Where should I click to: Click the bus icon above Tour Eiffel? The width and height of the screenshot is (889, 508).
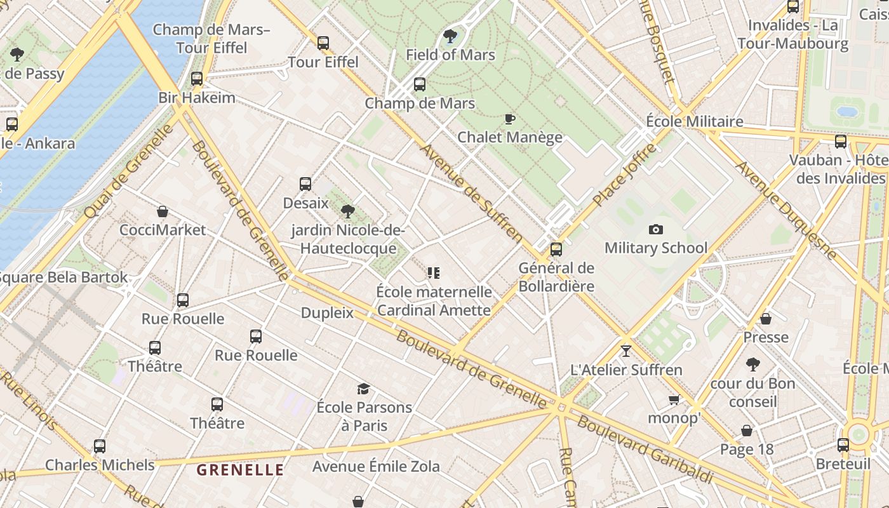[x=323, y=43]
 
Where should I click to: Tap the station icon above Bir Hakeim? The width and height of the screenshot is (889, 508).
[x=197, y=79]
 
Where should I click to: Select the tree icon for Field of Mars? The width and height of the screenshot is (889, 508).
[x=450, y=36]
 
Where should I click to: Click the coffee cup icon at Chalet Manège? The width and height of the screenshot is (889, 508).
[x=509, y=119]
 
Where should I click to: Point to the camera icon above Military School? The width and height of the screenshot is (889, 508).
[x=656, y=229]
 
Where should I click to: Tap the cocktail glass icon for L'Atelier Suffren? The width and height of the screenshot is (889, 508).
[x=626, y=351]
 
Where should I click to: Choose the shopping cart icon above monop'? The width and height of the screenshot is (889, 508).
[x=674, y=399]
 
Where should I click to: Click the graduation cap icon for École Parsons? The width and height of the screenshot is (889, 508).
[x=363, y=389]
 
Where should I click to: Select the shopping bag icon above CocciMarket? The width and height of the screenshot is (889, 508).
[x=163, y=211]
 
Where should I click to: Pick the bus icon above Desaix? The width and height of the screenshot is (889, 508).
[x=305, y=184]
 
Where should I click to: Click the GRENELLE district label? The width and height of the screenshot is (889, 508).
[x=240, y=470]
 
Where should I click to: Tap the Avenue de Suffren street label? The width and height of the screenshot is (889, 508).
[x=471, y=194]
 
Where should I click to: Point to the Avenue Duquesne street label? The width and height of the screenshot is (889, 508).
[x=786, y=210]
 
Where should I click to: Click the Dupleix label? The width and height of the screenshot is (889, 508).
[x=327, y=312]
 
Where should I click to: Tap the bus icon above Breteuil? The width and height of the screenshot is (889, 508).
[x=843, y=445]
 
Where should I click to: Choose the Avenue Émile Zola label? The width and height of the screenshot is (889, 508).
[x=376, y=467]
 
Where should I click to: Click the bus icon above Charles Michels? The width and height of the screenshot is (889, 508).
[x=100, y=446]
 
